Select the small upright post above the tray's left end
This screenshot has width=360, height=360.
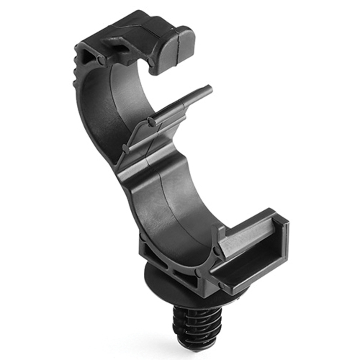coord(217,234)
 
